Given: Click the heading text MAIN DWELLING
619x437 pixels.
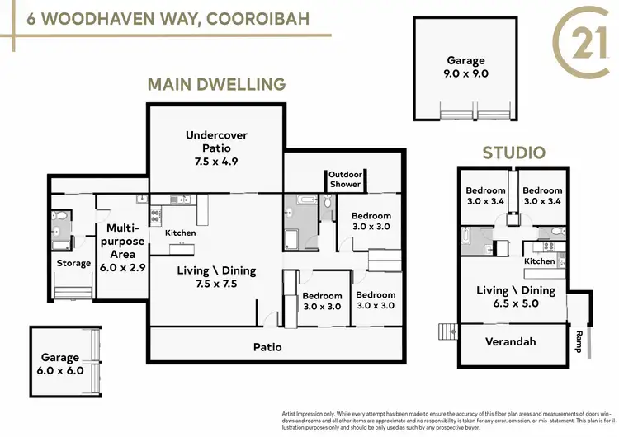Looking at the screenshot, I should click(x=216, y=84).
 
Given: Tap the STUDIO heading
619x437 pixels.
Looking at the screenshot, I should click(x=513, y=153).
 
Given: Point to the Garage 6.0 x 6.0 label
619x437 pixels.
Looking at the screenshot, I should click(x=60, y=364).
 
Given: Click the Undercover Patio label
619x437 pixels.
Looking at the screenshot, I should click(x=216, y=148).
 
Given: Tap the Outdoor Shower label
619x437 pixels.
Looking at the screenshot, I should click(x=345, y=179).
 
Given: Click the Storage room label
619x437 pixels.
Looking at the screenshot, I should click(x=73, y=264).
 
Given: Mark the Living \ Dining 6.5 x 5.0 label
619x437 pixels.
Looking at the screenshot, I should click(x=516, y=297).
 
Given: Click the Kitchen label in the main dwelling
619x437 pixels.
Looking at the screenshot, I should click(x=181, y=233).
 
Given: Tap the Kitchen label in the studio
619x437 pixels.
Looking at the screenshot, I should click(x=540, y=261).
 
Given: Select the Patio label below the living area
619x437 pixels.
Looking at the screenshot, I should click(x=267, y=347).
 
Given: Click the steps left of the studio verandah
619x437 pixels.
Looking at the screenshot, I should click(x=447, y=332).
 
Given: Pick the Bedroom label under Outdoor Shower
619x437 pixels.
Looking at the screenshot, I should click(x=371, y=221).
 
